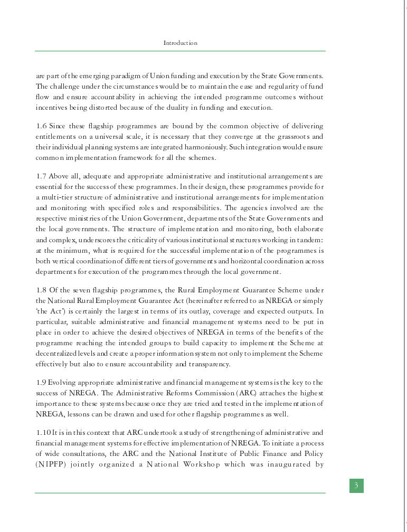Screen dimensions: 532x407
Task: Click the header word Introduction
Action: coord(180,43)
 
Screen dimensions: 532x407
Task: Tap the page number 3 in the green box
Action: coord(356,486)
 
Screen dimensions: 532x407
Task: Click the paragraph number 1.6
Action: coord(41,126)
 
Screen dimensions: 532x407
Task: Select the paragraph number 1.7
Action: coord(41,176)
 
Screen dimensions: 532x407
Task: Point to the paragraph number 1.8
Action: coord(41,290)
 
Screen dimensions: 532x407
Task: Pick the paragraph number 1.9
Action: coord(41,382)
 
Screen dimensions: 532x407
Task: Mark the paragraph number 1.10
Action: coord(43,433)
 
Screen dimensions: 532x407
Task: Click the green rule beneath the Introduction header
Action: coord(180,51)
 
